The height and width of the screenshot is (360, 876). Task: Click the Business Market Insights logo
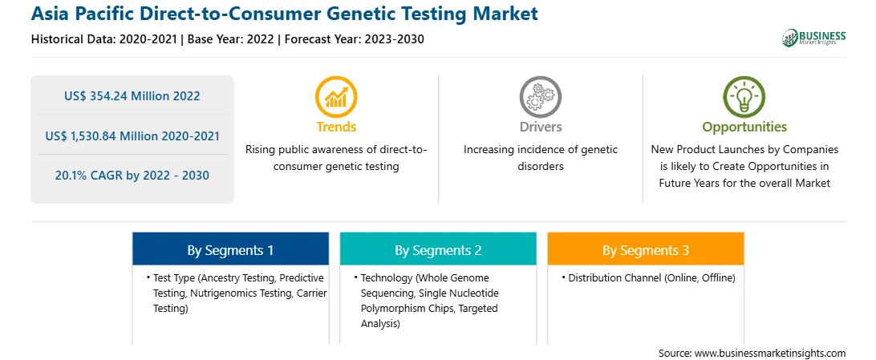point(813,38)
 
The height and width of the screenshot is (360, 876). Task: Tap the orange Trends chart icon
point(336,97)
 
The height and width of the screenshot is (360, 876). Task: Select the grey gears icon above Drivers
point(540,97)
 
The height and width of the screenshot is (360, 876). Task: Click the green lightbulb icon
point(744,97)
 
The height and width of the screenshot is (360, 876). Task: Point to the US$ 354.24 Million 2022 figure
point(132,96)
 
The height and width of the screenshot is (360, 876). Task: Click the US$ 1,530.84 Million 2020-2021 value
point(132,136)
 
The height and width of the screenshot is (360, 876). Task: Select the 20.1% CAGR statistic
point(132,176)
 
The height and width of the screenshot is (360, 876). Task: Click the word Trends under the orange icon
point(336,127)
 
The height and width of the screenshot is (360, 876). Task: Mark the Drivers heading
point(540,127)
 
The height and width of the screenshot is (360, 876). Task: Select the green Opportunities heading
point(744,127)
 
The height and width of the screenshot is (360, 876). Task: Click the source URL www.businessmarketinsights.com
point(770,353)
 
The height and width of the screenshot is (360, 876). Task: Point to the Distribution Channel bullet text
point(651,277)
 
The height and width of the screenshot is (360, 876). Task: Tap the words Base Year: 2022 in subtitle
point(231,39)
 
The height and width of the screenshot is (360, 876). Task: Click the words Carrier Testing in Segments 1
point(240,301)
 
